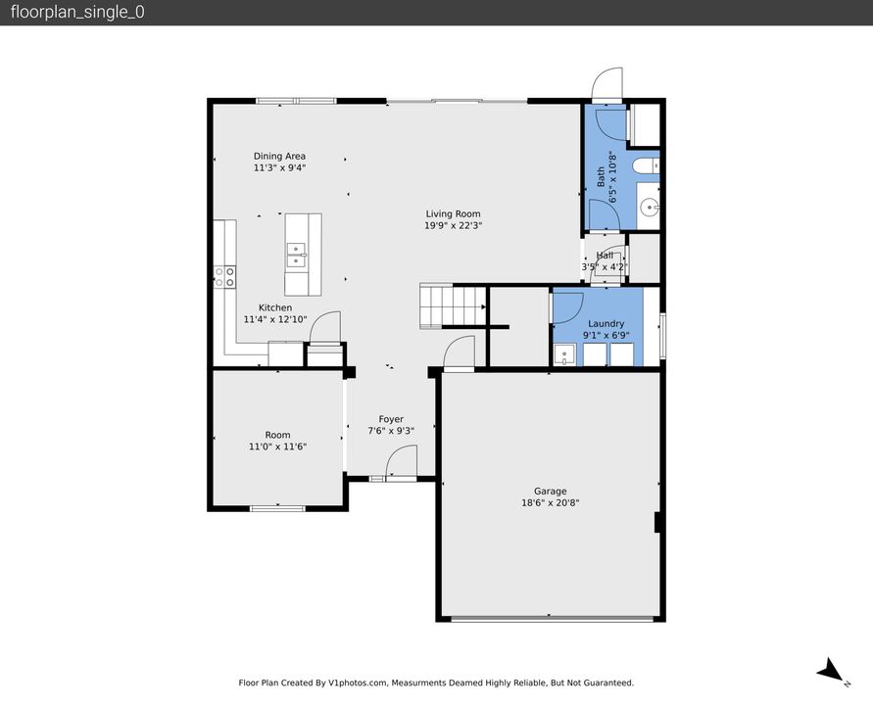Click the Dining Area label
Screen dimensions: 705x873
pyautogui.click(x=279, y=156)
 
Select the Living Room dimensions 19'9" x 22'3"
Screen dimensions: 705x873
pyautogui.click(x=453, y=225)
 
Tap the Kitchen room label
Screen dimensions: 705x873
pyautogui.click(x=274, y=307)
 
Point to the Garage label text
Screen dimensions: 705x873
pyautogui.click(x=550, y=492)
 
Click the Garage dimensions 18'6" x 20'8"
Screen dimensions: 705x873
pyautogui.click(x=550, y=503)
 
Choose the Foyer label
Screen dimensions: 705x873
pyautogui.click(x=391, y=419)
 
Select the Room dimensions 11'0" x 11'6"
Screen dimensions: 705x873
pyautogui.click(x=277, y=446)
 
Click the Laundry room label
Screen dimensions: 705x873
pyautogui.click(x=606, y=323)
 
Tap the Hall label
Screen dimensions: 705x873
pyautogui.click(x=605, y=256)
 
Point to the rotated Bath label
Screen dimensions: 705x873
pyautogui.click(x=601, y=177)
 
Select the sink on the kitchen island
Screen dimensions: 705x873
pyautogui.click(x=296, y=257)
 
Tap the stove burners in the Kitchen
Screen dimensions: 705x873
pyautogui.click(x=224, y=277)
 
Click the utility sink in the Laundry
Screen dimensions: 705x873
pyautogui.click(x=563, y=354)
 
